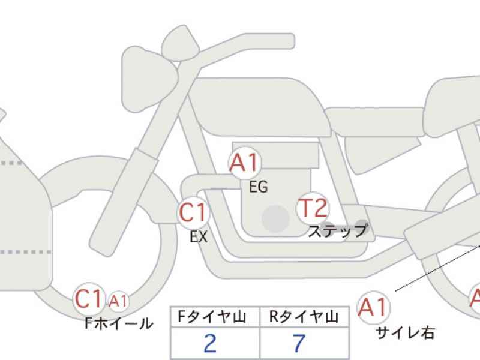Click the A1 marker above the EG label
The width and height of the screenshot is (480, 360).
(245, 162)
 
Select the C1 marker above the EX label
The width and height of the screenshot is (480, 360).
(193, 212)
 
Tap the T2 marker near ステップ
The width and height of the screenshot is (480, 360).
(313, 208)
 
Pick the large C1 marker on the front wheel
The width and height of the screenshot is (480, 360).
(89, 298)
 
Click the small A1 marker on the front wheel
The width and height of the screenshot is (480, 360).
(118, 301)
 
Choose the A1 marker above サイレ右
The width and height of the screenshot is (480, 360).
(373, 307)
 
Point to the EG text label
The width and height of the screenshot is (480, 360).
(259, 187)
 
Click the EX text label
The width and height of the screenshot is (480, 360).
(199, 236)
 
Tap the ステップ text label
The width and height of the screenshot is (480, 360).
(338, 231)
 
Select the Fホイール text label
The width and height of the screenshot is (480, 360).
(119, 323)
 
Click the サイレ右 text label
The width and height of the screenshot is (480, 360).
(405, 332)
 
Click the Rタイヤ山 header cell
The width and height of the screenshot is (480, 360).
(304, 317)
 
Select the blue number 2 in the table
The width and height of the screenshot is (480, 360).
(210, 343)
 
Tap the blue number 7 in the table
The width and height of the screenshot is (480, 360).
(299, 343)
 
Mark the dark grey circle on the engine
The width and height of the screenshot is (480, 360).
(275, 218)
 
